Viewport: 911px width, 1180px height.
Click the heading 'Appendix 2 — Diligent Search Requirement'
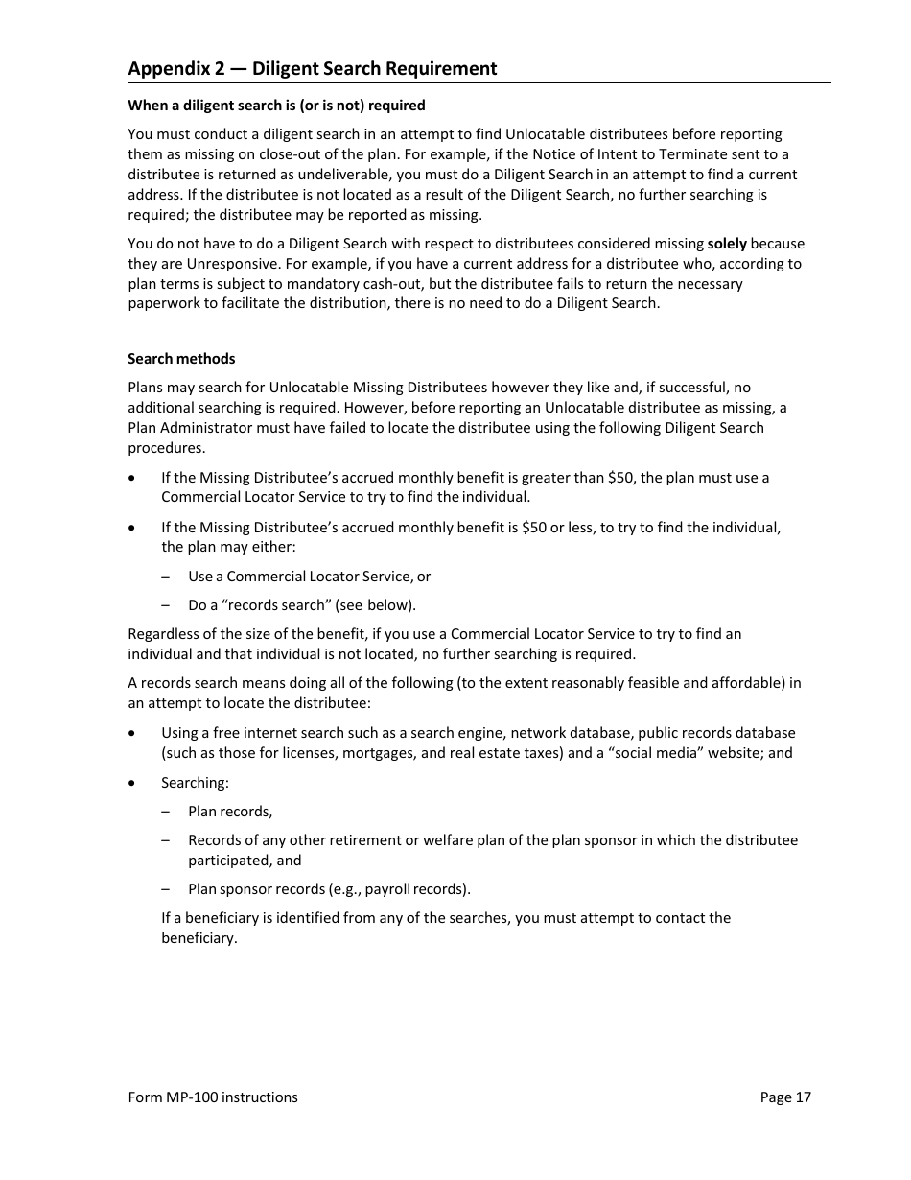tap(313, 68)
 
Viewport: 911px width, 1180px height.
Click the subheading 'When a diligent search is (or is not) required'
tap(276, 106)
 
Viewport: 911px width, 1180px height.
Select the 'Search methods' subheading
tap(181, 359)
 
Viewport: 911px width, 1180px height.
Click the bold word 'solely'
tap(727, 244)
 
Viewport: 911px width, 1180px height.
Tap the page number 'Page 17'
tap(785, 1097)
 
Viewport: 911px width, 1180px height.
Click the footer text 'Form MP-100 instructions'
tap(213, 1097)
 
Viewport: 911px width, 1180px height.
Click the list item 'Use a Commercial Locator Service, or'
tap(309, 577)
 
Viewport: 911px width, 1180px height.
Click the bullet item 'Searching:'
tap(195, 783)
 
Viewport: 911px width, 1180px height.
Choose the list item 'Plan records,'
tap(230, 812)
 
